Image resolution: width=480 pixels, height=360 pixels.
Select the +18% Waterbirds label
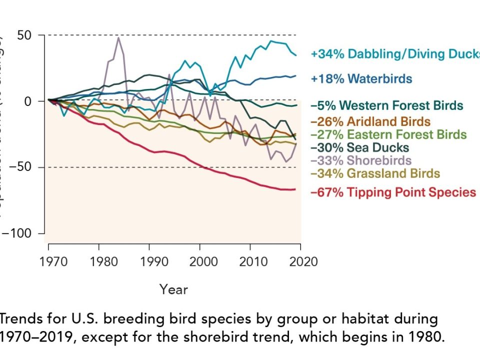coord(361,78)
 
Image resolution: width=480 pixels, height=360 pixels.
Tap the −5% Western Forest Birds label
coord(386,105)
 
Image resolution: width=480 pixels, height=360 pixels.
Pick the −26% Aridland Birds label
coord(370,121)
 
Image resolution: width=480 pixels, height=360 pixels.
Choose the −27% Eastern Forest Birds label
coord(388,134)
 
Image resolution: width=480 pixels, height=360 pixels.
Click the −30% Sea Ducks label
coord(359,147)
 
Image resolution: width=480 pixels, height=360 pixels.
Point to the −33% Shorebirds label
coord(360,160)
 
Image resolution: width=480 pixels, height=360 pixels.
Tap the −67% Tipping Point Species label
coord(393,192)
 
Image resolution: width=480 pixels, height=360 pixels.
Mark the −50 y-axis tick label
coord(21,167)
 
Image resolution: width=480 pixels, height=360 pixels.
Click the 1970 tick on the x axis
coord(48,262)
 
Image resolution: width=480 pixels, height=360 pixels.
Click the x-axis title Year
coord(173,289)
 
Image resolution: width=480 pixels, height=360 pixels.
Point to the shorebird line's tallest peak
coord(118,37)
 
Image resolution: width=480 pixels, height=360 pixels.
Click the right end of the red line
coord(295,189)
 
